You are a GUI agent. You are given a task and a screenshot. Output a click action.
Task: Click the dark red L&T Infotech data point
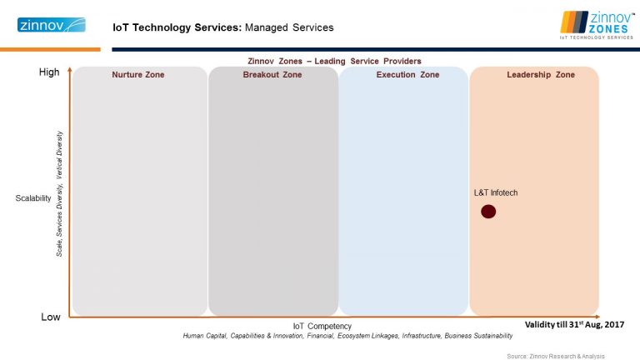point(488,212)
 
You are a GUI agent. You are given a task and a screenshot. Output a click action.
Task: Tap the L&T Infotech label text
point(496,193)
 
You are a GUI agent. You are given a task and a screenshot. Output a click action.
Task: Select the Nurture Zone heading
point(138,75)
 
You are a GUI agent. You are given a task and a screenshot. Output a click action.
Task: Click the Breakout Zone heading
point(272,75)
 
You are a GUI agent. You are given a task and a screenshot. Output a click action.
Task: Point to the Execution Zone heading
point(407,75)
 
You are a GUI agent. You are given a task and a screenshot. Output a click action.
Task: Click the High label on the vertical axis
point(50,72)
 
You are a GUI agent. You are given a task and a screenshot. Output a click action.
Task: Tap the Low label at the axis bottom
point(50,317)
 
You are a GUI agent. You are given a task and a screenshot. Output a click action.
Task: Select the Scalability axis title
point(34,199)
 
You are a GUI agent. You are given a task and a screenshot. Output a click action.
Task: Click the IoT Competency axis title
point(322,326)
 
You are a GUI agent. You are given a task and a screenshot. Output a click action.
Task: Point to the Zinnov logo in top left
point(50,25)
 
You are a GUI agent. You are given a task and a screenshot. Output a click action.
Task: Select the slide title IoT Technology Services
point(177,27)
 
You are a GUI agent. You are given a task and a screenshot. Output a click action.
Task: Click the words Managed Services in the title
point(289,27)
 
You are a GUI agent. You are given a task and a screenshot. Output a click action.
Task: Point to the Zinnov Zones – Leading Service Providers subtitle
point(334,61)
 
